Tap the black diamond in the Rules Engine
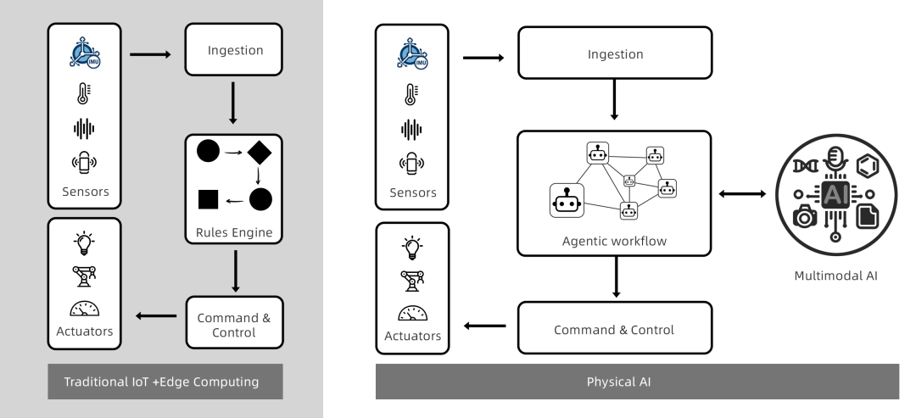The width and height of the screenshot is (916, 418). coord(259,153)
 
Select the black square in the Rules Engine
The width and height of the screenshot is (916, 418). coord(209,199)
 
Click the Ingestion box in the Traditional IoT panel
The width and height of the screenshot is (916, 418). coord(236,51)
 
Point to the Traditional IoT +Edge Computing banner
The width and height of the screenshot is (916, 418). coord(161,382)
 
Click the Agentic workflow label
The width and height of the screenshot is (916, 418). coord(613,240)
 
